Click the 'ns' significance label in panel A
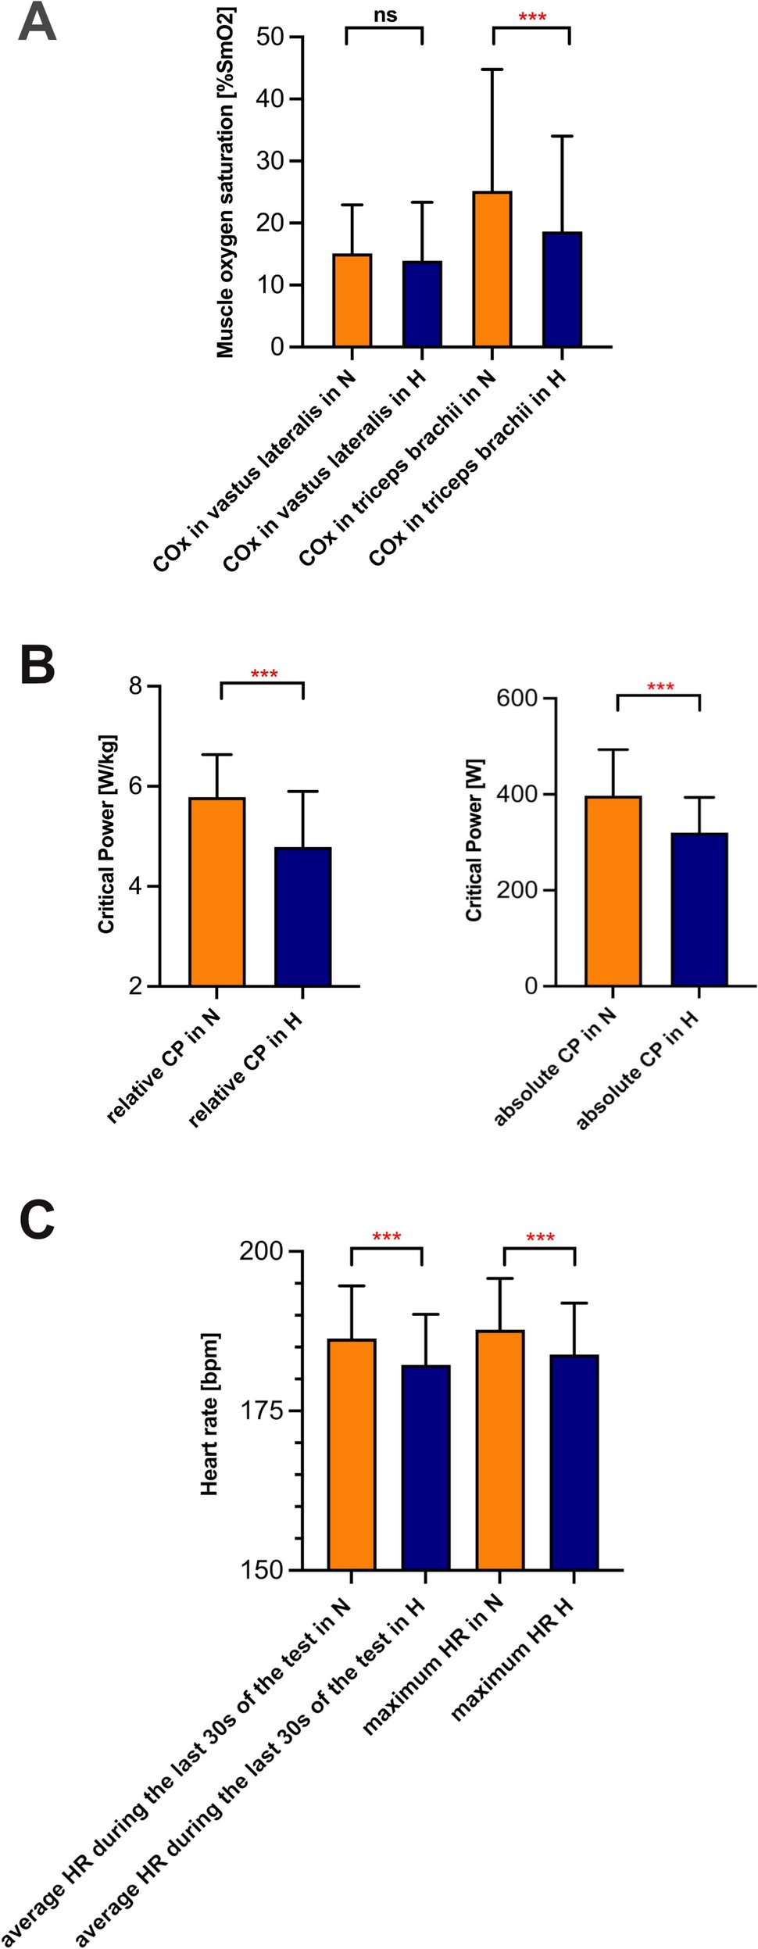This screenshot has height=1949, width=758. point(384,15)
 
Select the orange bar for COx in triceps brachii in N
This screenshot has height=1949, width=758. point(492,270)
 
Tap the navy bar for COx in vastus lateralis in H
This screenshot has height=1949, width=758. point(422,304)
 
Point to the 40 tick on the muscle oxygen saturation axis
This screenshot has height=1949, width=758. point(270,99)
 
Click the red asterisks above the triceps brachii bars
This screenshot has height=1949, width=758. point(532,16)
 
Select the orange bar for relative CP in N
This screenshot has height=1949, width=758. point(217,892)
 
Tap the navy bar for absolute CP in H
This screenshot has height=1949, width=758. point(699,910)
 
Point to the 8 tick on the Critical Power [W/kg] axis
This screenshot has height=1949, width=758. point(136,685)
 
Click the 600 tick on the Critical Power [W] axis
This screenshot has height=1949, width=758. point(517,698)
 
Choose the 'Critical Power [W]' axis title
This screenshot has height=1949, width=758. point(474,840)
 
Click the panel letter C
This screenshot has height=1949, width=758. point(37,1220)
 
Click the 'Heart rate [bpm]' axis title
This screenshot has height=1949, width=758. point(209,1414)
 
